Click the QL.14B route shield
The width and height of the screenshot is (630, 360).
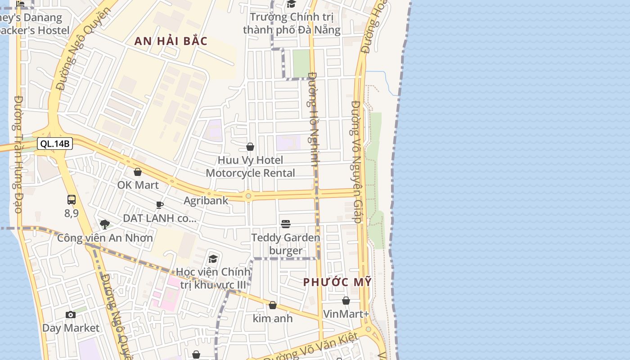click(x=55, y=144)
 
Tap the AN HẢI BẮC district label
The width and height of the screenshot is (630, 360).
click(x=171, y=41)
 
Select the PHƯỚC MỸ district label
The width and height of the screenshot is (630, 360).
click(x=337, y=283)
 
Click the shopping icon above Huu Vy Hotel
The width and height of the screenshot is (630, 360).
click(x=250, y=147)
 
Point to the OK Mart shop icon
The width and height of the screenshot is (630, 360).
click(x=138, y=172)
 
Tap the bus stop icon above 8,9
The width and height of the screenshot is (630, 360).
click(x=72, y=200)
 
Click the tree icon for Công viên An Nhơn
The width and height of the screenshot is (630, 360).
click(x=105, y=224)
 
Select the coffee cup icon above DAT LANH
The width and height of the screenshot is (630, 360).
click(x=160, y=205)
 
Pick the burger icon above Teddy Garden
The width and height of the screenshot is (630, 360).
click(x=286, y=224)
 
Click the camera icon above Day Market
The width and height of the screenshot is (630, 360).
click(x=71, y=315)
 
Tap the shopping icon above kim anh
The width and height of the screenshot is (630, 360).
click(x=273, y=306)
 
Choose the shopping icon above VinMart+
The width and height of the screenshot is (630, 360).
click(x=346, y=301)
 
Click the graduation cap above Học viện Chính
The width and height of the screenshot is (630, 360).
click(x=213, y=259)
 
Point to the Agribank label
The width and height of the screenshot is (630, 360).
click(x=206, y=201)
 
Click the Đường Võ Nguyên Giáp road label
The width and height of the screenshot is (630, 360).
click(x=356, y=162)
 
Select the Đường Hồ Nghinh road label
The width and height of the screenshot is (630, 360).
click(x=313, y=119)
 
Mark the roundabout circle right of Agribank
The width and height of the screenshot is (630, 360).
click(x=248, y=196)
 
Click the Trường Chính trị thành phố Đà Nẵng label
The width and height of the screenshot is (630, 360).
click(x=292, y=24)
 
